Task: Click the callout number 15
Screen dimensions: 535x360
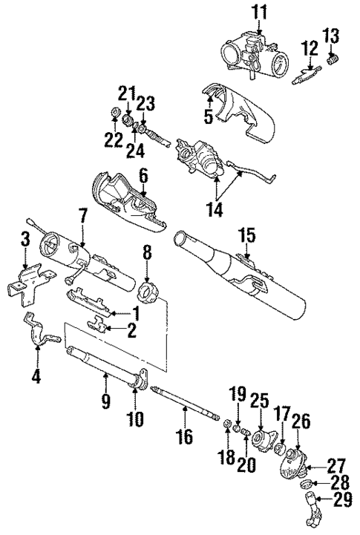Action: click(246, 236)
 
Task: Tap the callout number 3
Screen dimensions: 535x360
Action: click(25, 239)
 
